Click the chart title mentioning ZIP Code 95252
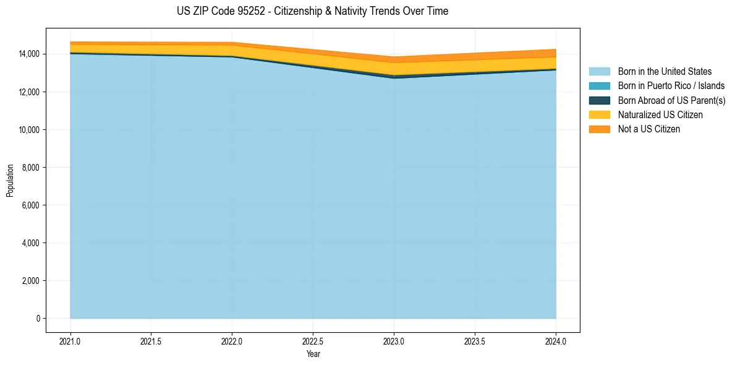tap(312, 11)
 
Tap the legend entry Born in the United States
tap(665, 72)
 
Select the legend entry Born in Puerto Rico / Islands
tap(671, 86)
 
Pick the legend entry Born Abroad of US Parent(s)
tap(671, 100)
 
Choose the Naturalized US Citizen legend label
tap(660, 115)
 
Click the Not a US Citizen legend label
tap(648, 129)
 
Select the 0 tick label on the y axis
tap(38, 319)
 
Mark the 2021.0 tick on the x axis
tap(70, 341)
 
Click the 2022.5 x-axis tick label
tap(313, 341)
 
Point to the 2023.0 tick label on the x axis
tap(394, 341)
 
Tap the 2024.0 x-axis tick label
tap(556, 341)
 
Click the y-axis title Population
tap(10, 181)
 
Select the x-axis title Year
tap(313, 354)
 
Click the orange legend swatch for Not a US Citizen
tap(599, 129)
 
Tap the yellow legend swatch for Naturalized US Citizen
tap(599, 115)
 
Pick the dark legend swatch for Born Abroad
tap(599, 100)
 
